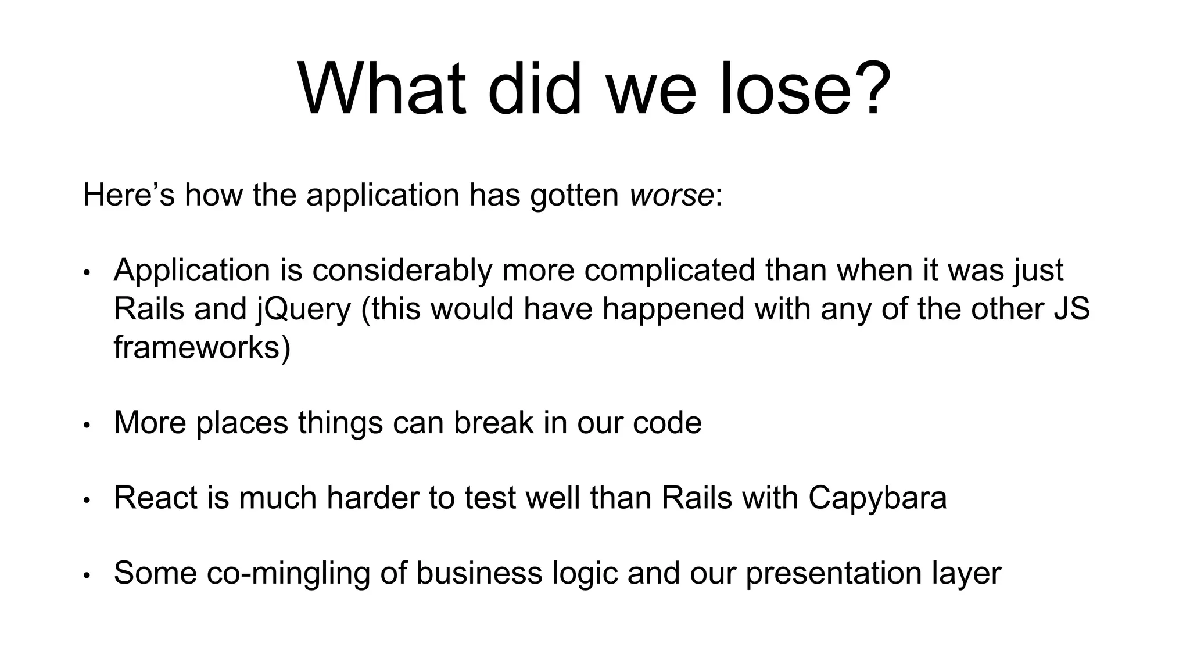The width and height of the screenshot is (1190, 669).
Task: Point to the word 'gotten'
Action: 574,195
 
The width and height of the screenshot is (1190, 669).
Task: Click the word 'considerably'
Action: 402,271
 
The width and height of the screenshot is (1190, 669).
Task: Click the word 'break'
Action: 493,422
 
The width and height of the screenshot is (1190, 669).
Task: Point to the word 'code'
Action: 667,422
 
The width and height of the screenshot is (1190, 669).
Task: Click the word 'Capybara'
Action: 877,498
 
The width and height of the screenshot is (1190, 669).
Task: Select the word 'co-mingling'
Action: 288,573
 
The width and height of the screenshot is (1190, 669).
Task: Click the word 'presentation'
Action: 834,573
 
